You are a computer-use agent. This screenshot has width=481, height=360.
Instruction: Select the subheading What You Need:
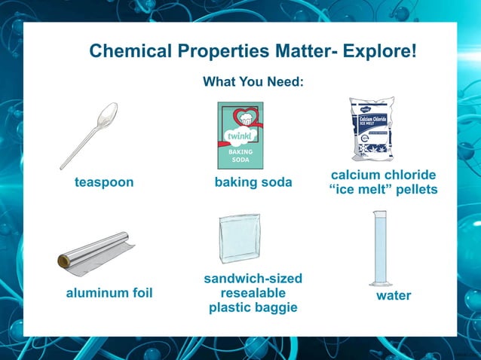(x=253, y=81)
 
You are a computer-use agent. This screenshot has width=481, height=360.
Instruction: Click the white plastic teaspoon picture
(x=88, y=136)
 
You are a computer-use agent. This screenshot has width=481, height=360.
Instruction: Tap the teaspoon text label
(x=104, y=182)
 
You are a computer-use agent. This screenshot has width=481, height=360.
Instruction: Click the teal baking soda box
(x=240, y=135)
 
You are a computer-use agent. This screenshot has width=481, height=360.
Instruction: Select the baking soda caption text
(x=253, y=182)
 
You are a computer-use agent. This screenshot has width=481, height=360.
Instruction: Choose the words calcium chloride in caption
(x=383, y=175)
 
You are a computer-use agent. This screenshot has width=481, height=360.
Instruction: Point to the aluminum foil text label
(x=109, y=293)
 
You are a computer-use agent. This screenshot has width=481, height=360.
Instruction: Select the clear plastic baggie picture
(x=240, y=238)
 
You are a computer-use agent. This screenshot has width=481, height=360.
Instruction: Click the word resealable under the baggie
(x=253, y=293)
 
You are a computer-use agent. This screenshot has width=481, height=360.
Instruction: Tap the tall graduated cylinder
(x=378, y=249)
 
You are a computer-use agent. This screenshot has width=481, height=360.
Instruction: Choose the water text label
(x=394, y=295)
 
